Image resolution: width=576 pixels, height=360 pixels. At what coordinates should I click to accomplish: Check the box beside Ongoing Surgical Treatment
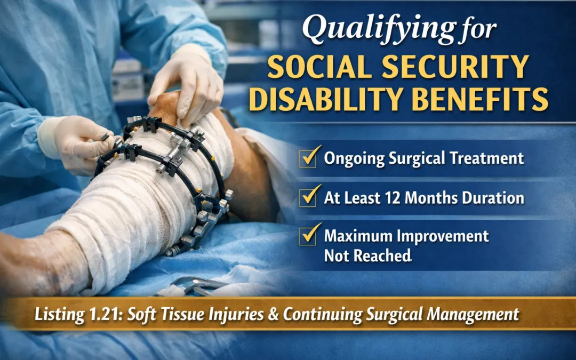(308, 158)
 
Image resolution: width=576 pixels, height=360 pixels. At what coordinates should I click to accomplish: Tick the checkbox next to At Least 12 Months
(308, 197)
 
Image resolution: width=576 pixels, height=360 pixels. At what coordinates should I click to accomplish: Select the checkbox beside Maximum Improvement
(308, 236)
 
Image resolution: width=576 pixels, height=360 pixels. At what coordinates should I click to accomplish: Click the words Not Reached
(367, 255)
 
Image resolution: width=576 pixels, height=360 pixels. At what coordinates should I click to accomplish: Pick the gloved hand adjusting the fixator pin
(80, 141)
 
